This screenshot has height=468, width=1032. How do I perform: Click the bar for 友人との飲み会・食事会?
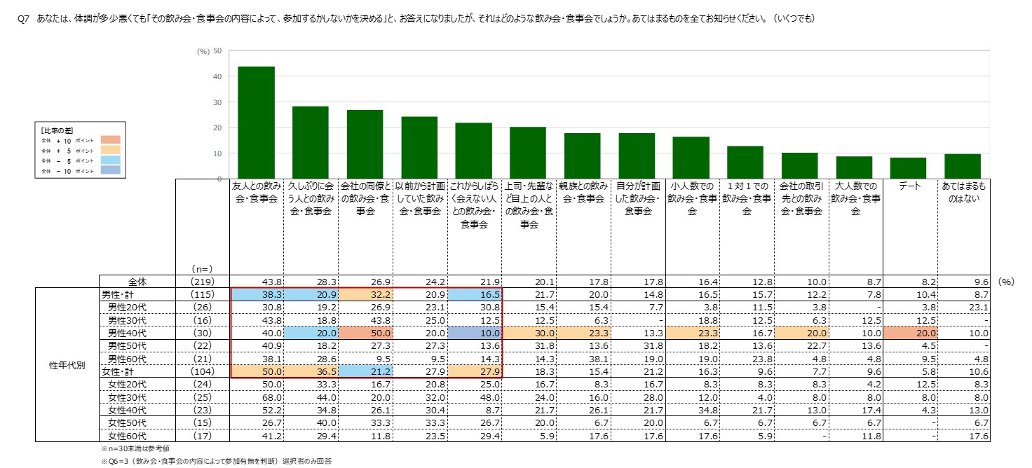(x=256, y=122)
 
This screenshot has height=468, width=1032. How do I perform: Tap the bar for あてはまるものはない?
(x=962, y=166)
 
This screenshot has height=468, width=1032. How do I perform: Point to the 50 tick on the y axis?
(x=217, y=51)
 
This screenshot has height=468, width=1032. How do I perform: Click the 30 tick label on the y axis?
(x=217, y=102)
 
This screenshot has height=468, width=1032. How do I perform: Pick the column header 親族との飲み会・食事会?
(x=583, y=193)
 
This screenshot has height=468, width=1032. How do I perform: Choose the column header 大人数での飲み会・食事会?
(x=854, y=198)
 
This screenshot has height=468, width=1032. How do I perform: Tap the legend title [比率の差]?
(x=57, y=131)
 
